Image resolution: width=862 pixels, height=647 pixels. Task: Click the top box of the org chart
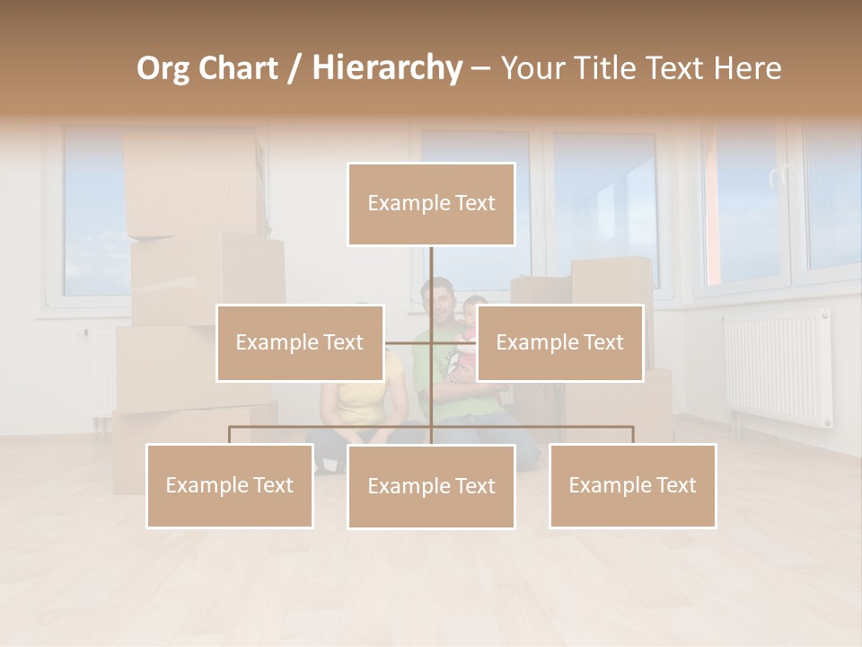point(431,204)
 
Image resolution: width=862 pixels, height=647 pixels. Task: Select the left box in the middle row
point(300,342)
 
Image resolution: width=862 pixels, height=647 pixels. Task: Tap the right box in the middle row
point(559,342)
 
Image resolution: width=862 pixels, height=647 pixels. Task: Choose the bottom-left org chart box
point(230,485)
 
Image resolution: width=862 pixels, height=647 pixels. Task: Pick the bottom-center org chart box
point(431,486)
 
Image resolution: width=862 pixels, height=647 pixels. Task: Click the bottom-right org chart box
point(633,485)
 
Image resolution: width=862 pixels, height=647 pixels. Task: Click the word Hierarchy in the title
point(386,68)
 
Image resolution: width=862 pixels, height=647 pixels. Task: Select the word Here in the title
point(747,68)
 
